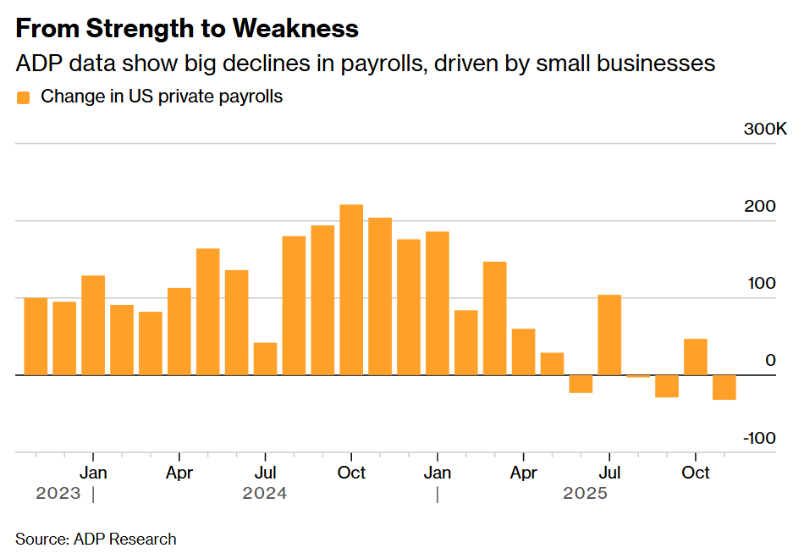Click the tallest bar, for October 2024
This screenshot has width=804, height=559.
click(x=351, y=289)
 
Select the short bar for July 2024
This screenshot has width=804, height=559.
click(x=265, y=358)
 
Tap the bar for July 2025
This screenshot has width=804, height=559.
click(x=609, y=335)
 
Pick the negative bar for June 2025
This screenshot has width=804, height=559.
click(x=581, y=384)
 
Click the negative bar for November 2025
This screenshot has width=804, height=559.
click(x=724, y=387)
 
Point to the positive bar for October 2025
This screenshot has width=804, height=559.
click(x=696, y=357)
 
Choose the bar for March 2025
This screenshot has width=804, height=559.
click(x=494, y=318)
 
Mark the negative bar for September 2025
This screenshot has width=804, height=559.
click(x=667, y=386)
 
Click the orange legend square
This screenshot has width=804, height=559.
click(x=24, y=97)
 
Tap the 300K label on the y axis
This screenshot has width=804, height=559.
click(x=765, y=130)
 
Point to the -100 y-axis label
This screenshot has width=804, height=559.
click(x=759, y=438)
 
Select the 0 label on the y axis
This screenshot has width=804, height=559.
click(x=770, y=361)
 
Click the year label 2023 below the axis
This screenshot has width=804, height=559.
click(x=58, y=493)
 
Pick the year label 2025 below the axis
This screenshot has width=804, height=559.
click(x=586, y=493)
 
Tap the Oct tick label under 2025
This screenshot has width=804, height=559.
click(x=696, y=473)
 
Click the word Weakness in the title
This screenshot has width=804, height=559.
click(x=295, y=29)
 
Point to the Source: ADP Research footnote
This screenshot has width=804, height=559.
click(x=96, y=539)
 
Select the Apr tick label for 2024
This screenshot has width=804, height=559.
click(x=179, y=473)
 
